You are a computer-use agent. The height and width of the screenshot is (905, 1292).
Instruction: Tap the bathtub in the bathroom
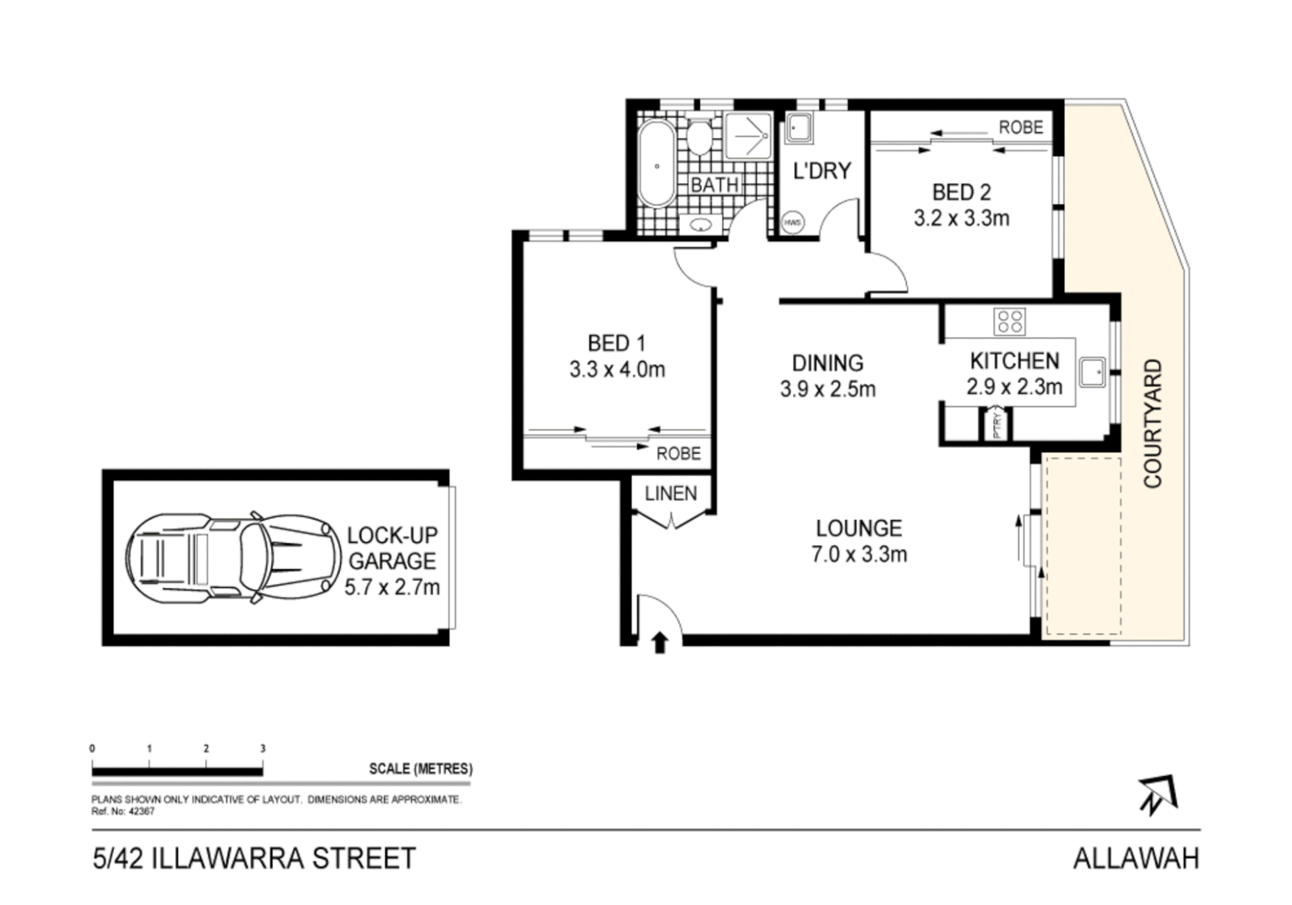[x=656, y=165]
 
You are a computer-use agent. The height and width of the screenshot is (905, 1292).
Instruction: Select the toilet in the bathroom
[x=699, y=136]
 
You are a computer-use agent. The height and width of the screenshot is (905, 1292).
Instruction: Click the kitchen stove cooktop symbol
[x=1009, y=321]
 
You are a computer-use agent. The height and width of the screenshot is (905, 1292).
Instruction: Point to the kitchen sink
[x=1091, y=371]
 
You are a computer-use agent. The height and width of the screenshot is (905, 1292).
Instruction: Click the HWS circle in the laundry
[x=792, y=223]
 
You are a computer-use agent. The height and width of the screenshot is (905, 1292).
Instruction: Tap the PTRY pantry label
[x=996, y=424]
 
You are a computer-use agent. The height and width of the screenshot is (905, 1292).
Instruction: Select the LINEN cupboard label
[x=671, y=494]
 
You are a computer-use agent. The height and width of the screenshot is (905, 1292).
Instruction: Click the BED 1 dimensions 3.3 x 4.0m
[x=617, y=370]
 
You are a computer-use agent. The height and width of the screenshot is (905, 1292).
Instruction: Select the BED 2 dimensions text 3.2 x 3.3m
[x=960, y=219]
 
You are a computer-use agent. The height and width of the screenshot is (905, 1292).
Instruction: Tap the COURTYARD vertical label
[x=1153, y=424]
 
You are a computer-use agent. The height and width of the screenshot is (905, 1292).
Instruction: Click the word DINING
[x=827, y=363]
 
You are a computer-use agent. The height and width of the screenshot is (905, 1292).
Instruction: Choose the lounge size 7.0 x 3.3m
[x=859, y=554]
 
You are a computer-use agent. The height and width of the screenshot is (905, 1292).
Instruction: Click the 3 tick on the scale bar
[x=263, y=748]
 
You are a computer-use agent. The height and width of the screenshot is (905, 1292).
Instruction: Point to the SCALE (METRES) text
[x=420, y=768]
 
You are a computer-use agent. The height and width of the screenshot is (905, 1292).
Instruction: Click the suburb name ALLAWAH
[x=1135, y=859]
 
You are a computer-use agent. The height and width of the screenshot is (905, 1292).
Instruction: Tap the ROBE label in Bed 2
[x=1021, y=127]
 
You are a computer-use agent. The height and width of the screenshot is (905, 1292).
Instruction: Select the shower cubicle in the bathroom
[x=749, y=136]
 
